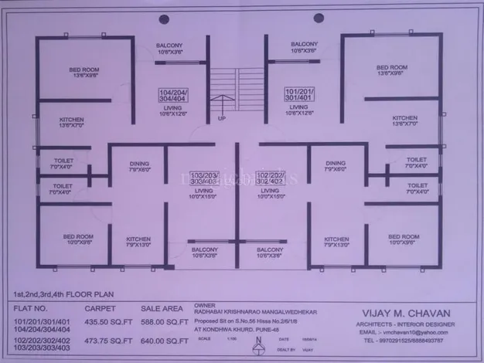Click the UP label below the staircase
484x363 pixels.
pyautogui.click(x=223, y=119)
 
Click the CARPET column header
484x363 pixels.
pyautogui.click(x=100, y=307)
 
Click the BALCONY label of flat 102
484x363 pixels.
pyautogui.click(x=270, y=252)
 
